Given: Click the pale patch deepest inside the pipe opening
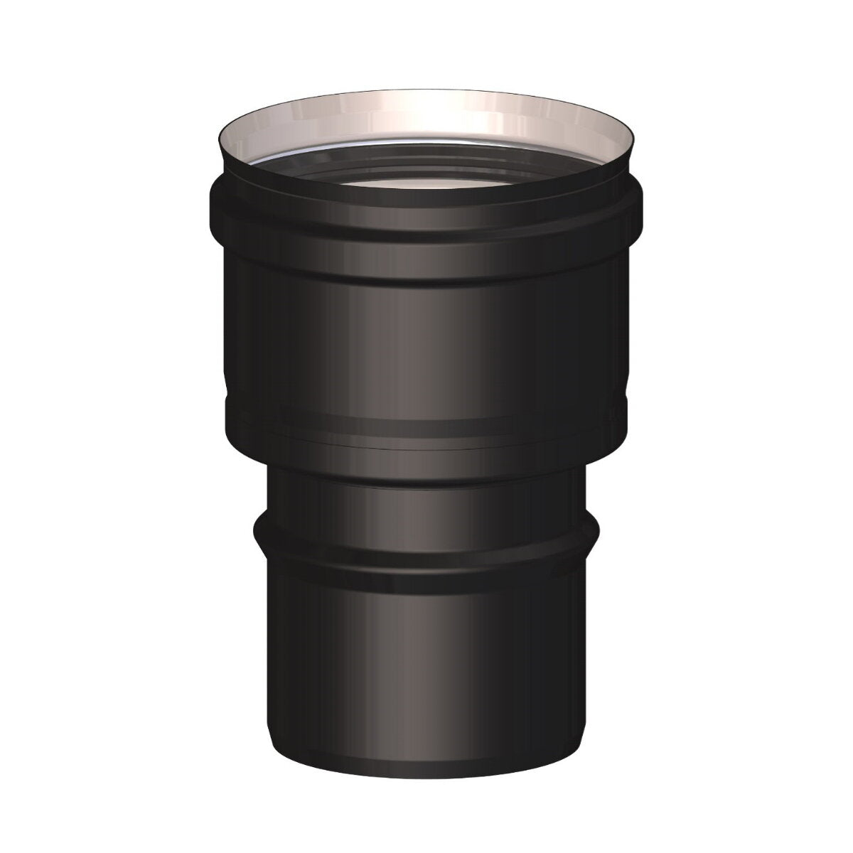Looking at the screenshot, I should pos(426,186).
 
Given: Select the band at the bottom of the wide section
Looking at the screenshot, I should pos(426,426).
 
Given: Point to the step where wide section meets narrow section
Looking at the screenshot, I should pos(426,462).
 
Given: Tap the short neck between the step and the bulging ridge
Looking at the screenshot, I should pos(426,498).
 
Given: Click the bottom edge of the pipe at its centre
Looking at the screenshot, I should pos(426,745).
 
